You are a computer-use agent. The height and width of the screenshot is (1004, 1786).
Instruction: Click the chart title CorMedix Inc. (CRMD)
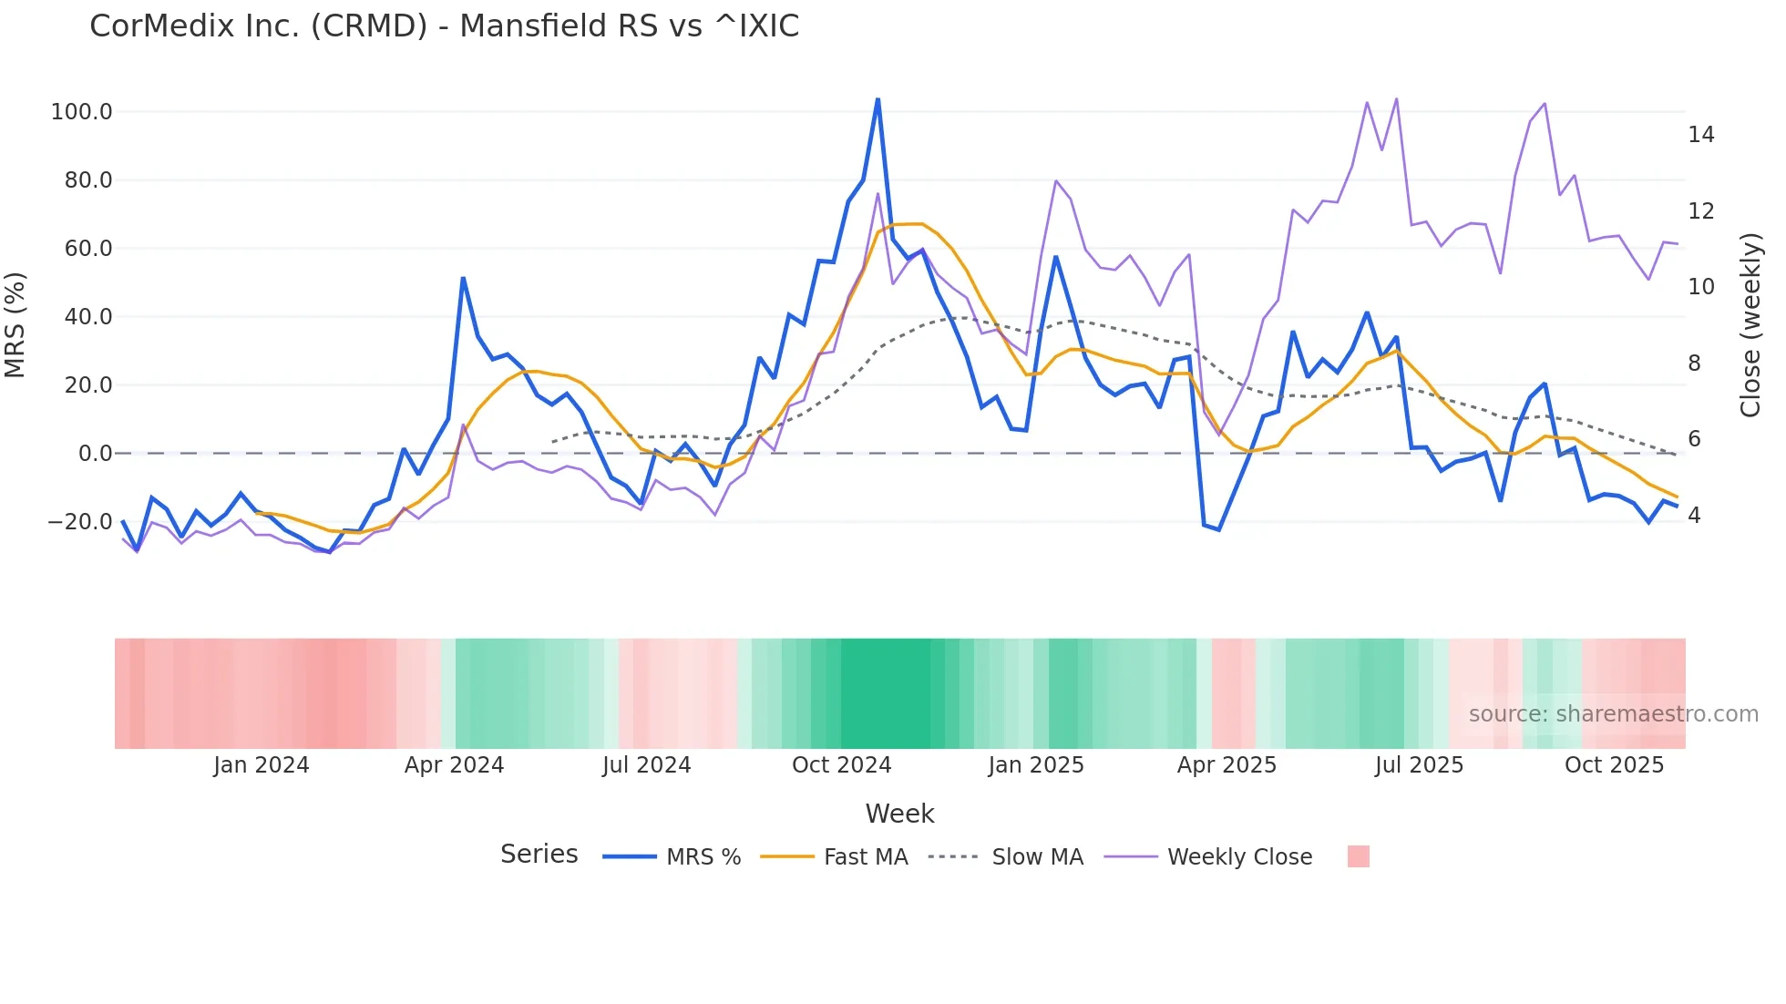tap(444, 26)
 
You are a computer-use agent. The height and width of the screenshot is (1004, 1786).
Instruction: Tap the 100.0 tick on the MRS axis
tap(81, 112)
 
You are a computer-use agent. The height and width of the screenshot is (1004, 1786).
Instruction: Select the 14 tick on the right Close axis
tap(1700, 135)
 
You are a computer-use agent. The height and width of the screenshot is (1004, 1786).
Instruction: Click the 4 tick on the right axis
tap(1694, 516)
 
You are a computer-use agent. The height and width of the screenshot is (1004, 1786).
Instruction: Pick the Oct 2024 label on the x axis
tap(841, 765)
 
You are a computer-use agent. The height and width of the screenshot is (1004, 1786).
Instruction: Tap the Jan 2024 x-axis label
tap(262, 765)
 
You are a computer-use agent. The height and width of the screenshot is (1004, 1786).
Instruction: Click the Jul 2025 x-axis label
tap(1419, 765)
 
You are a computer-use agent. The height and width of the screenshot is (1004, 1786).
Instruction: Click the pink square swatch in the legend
tap(1358, 856)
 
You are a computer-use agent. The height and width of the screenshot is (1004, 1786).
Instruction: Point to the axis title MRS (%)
tap(15, 325)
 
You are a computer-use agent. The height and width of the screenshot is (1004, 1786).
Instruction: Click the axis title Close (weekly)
tap(1750, 325)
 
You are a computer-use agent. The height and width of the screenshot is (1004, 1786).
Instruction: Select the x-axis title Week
tap(899, 814)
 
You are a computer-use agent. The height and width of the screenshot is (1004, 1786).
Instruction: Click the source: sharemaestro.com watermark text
tap(1613, 714)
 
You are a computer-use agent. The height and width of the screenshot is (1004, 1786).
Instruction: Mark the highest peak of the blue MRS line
tap(878, 99)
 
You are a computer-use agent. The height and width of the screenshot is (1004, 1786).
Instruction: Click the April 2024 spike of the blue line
tap(463, 279)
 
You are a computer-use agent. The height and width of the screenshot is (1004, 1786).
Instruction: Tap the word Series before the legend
tap(539, 855)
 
